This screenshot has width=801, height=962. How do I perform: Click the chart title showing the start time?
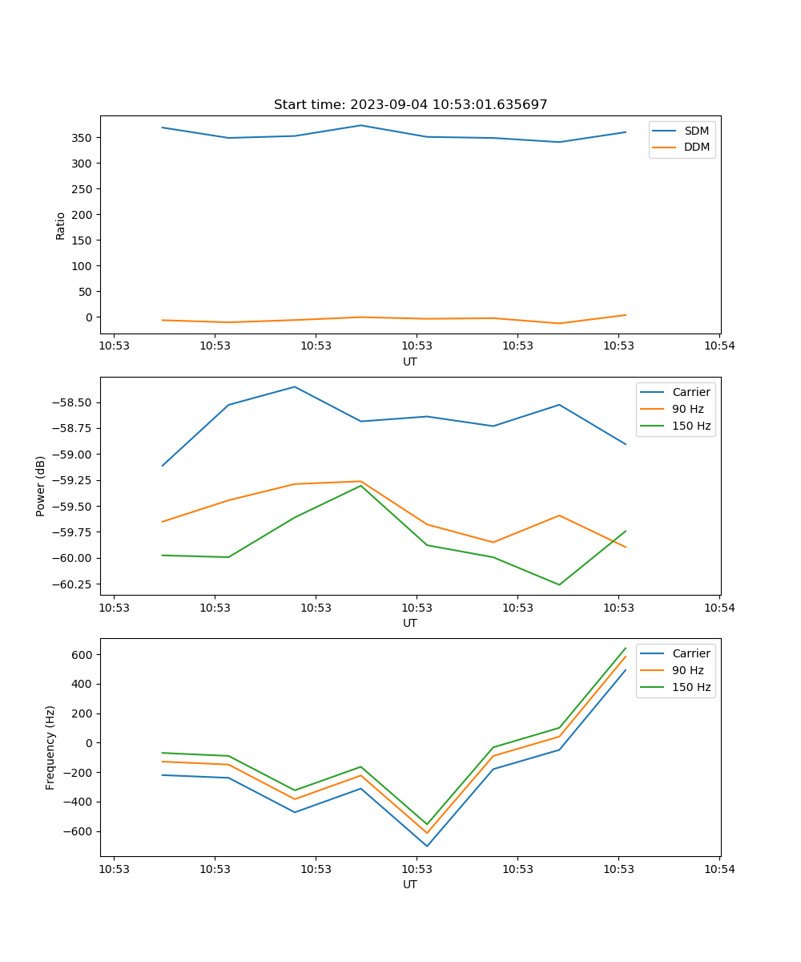pos(410,105)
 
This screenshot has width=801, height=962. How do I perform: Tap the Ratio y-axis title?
pos(60,225)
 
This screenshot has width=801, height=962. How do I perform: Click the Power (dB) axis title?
pos(41,486)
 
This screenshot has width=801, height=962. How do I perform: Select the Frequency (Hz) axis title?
pos(50,747)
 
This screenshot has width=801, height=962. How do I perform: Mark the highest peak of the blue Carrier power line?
pos(295,387)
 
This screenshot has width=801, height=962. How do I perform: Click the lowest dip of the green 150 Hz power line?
pos(559,584)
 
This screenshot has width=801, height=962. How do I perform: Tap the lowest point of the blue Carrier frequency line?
pos(427,846)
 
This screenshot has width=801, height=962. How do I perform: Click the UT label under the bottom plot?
pos(410,884)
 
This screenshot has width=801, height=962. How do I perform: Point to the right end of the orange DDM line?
pos(626,315)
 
